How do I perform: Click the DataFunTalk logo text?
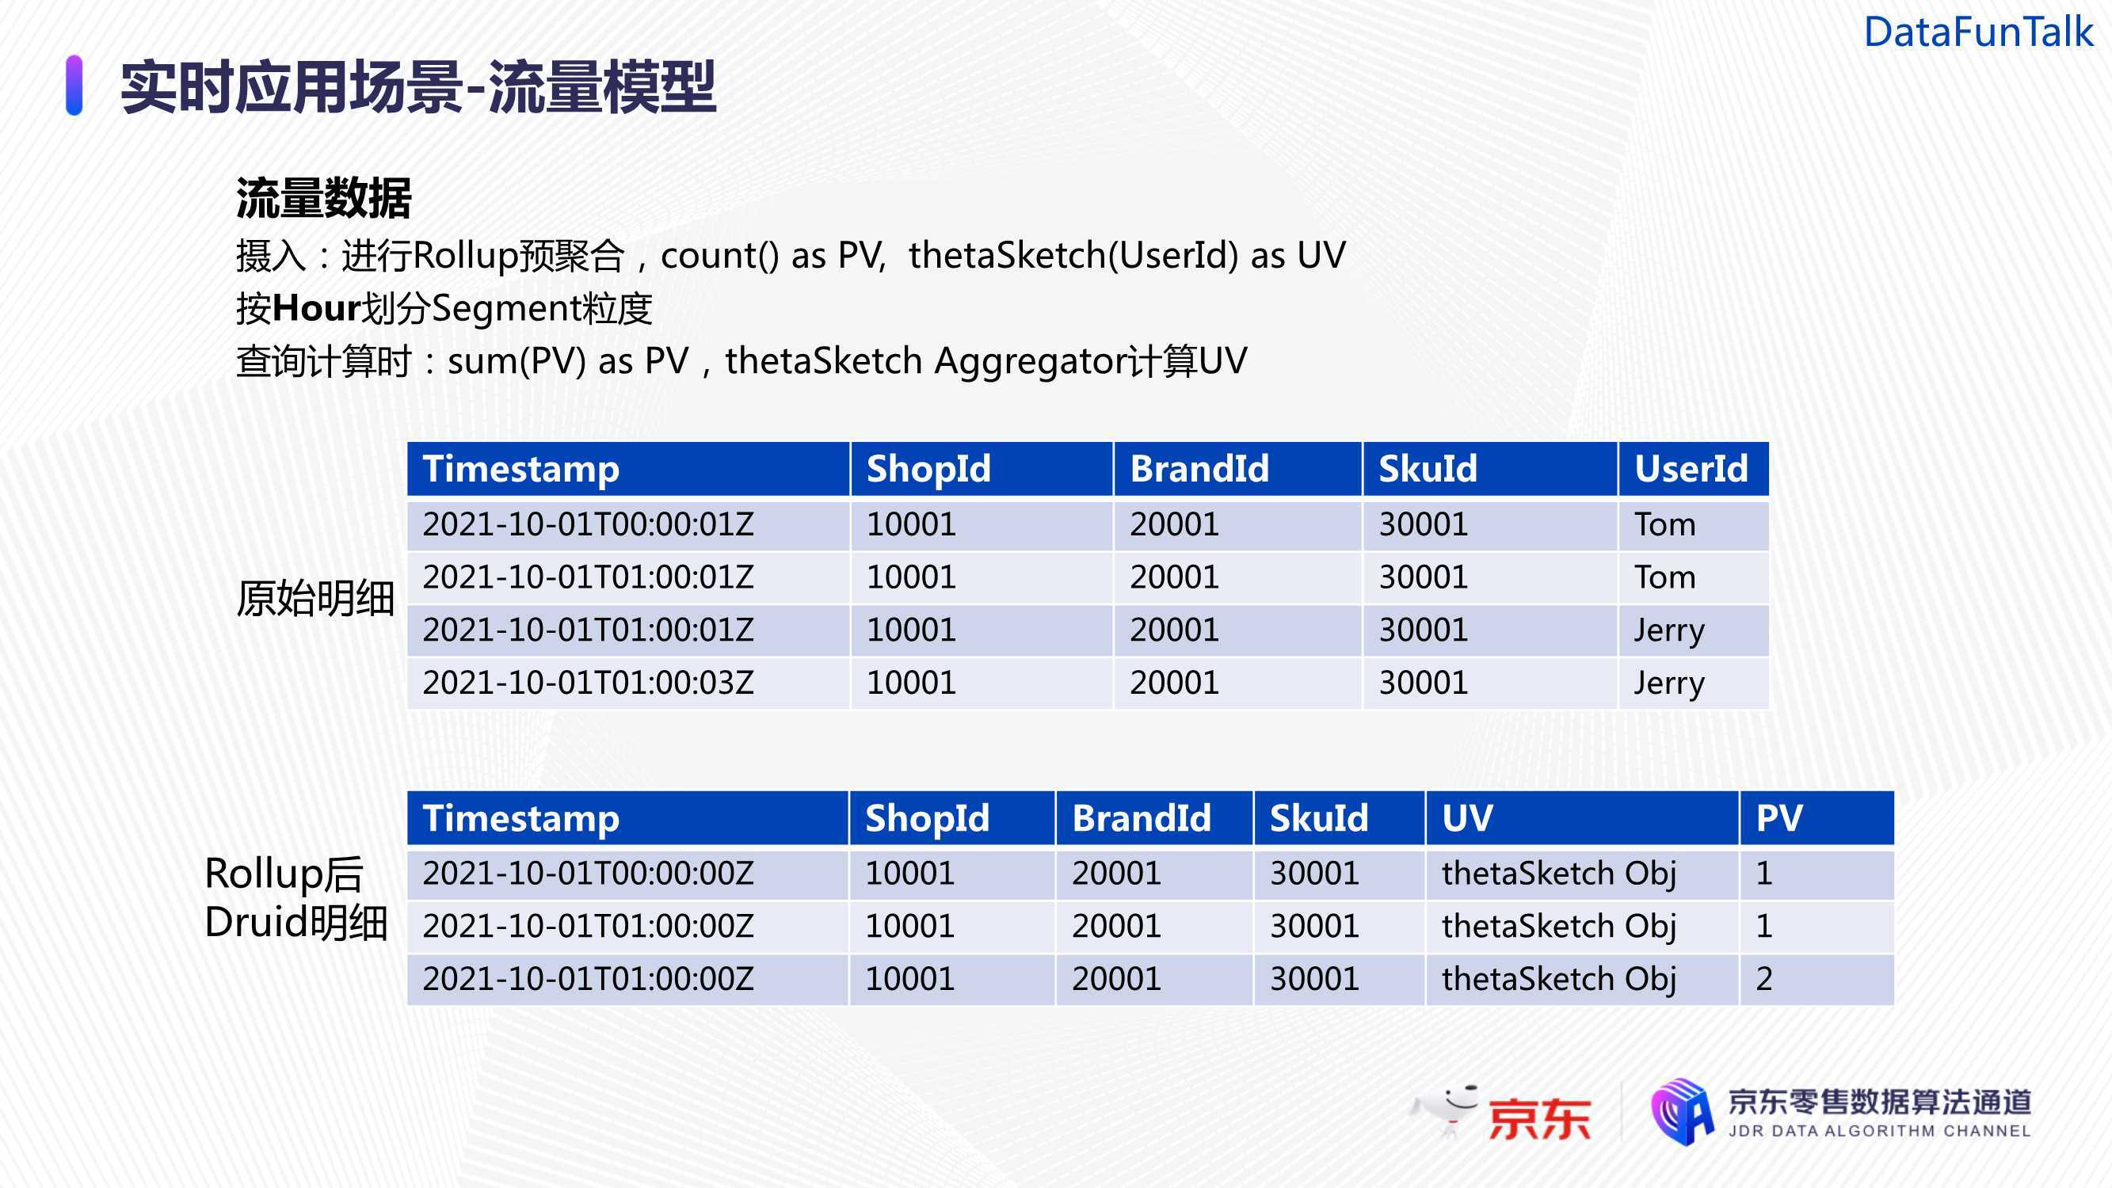[1978, 32]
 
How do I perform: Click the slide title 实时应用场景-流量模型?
[418, 86]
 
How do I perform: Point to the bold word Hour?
[316, 308]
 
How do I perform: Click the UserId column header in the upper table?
[1691, 468]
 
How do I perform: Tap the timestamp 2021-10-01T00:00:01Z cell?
[588, 524]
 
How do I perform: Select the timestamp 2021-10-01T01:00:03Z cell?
[588, 682]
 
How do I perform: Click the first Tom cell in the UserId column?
[1664, 524]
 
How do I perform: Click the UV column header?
[1468, 817]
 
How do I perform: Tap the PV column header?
[1779, 817]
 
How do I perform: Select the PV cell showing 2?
[1764, 978]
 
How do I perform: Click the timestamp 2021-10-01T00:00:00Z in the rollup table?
[588, 873]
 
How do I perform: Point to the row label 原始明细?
[315, 598]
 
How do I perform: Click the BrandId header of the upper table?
[1199, 468]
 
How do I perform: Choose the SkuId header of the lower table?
[1319, 817]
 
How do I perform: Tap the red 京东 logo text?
[1540, 1118]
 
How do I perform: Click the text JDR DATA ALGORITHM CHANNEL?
[1880, 1131]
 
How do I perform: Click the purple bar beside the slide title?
[74, 86]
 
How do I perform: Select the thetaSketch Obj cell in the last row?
[1558, 979]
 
